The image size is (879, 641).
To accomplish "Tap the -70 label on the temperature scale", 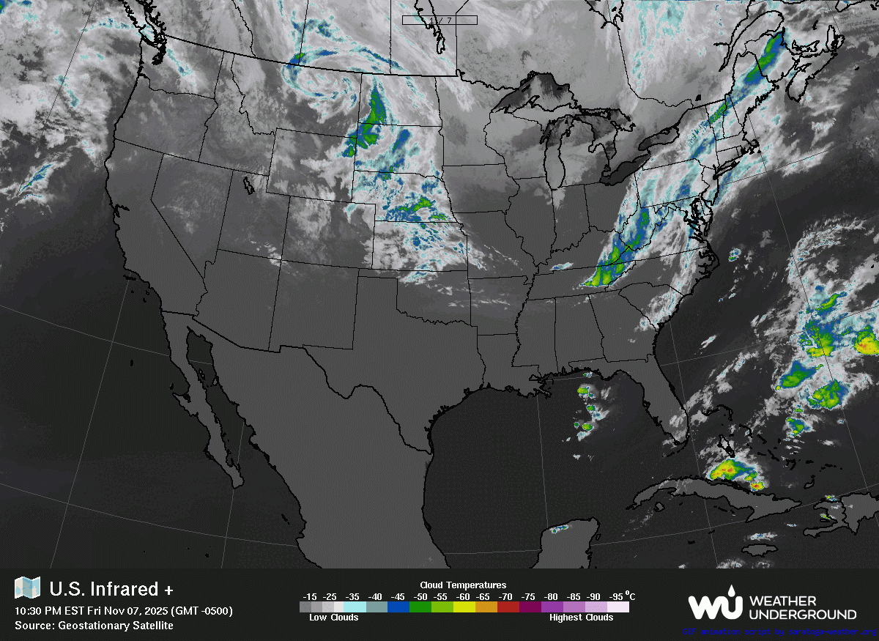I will [505, 596].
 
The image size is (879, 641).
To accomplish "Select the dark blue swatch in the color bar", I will [399, 607].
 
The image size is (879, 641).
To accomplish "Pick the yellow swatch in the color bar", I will [464, 607].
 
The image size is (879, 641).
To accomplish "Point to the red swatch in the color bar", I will [508, 607].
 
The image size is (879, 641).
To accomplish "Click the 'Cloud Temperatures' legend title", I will [463, 585].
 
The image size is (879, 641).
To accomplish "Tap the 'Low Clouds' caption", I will [334, 618].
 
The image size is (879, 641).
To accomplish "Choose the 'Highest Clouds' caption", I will [581, 618].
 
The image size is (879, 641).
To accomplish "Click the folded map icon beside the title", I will [27, 588].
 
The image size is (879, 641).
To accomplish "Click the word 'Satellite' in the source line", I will [149, 625].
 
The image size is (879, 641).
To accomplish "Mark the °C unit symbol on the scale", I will [631, 596].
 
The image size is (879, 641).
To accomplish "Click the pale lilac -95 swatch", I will [618, 607].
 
